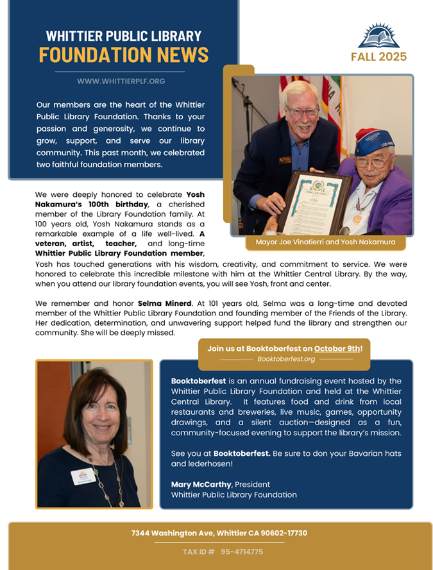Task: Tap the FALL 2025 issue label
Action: [x=378, y=57]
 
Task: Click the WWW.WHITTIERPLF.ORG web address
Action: [x=121, y=81]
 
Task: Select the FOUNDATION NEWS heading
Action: [x=124, y=54]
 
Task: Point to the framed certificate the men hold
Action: [x=314, y=200]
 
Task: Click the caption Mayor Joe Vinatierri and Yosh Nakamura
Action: [x=321, y=242]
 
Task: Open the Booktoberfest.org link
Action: [x=285, y=359]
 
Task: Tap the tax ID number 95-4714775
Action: [x=242, y=551]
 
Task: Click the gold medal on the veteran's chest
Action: [x=357, y=219]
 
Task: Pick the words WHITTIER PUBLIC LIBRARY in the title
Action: [x=124, y=36]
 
